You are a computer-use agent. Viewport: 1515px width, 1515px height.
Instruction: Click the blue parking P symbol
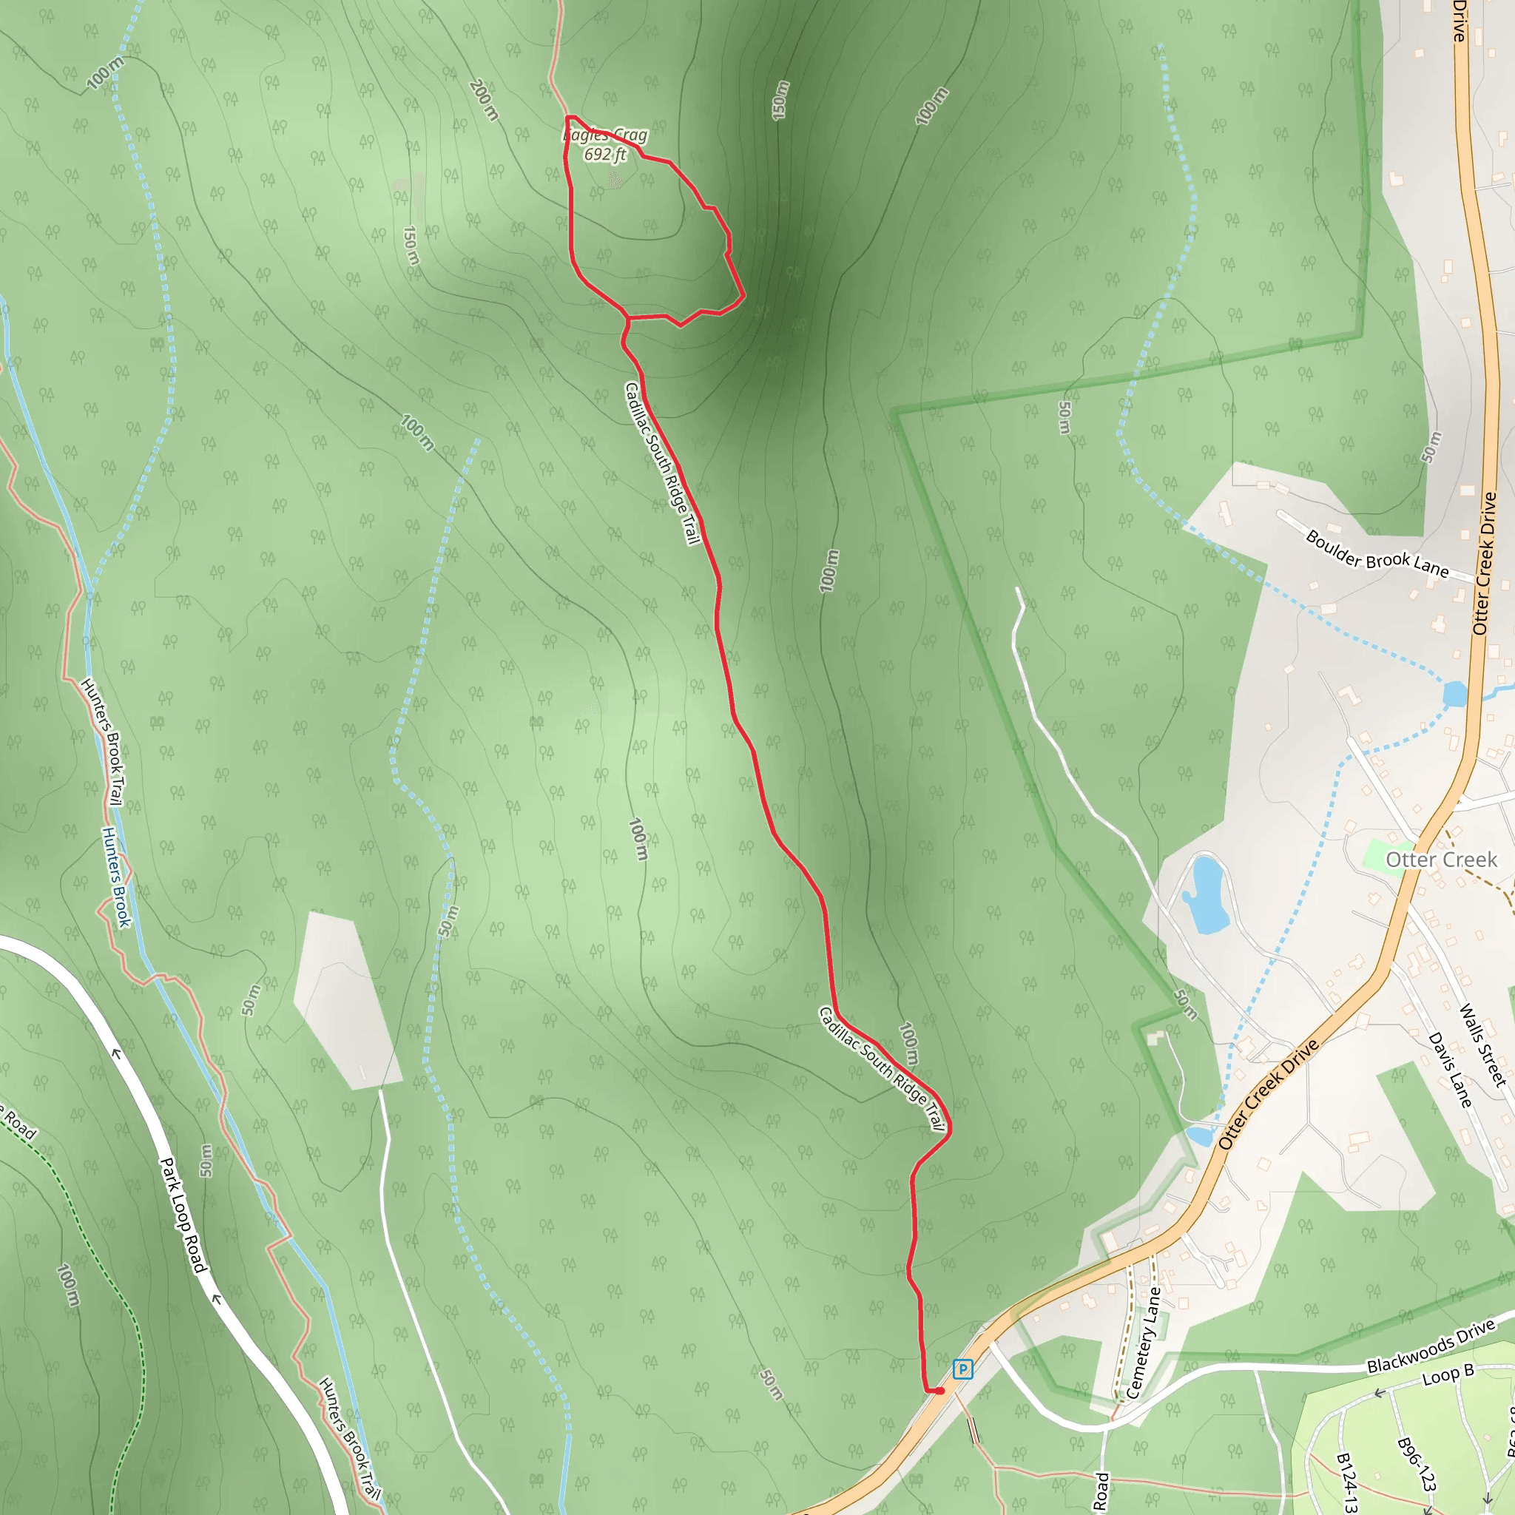[962, 1369]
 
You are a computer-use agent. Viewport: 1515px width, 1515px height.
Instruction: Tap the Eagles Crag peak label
[605, 135]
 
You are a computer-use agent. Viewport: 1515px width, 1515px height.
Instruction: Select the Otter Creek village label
[1441, 860]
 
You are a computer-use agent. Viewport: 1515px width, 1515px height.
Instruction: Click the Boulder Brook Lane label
[1377, 553]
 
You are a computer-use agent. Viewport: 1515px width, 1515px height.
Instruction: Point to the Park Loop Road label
[183, 1215]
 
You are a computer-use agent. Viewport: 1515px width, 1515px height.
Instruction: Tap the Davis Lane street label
[1449, 1070]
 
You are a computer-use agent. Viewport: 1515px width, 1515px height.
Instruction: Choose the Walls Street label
[1483, 1045]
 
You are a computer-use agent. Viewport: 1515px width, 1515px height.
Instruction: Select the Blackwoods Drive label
[1431, 1346]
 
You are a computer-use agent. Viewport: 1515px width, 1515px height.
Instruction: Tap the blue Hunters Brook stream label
[116, 877]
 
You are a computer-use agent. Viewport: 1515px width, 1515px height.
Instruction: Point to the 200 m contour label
[485, 100]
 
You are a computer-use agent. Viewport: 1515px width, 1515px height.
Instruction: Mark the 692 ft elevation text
[605, 155]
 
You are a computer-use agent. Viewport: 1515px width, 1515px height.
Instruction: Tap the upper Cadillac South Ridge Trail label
[662, 462]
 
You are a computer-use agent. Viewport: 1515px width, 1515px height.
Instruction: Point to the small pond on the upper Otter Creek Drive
[1454, 693]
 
